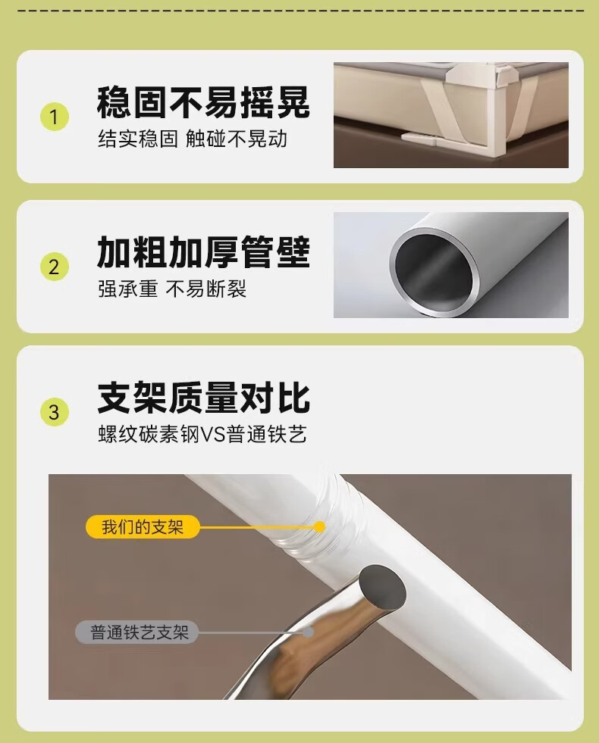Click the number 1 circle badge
(x=54, y=117)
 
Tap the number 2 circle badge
(x=54, y=267)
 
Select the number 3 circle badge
(x=54, y=411)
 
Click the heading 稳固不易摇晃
(x=203, y=102)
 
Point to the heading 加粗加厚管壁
(x=203, y=252)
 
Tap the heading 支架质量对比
(x=203, y=398)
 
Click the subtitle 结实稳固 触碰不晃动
(x=193, y=139)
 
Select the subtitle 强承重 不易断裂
(x=172, y=289)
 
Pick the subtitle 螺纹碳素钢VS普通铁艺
(x=202, y=434)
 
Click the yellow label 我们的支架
(x=143, y=526)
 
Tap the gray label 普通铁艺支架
(x=137, y=632)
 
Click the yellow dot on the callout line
(x=320, y=526)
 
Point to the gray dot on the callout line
(x=309, y=632)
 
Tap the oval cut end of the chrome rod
(x=382, y=588)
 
